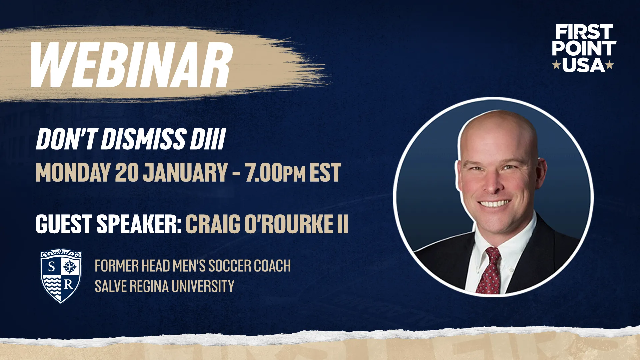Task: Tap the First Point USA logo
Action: [x=583, y=48]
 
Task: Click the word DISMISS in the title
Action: [x=143, y=139]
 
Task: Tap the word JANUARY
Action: [x=185, y=172]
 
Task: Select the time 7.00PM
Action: [x=275, y=172]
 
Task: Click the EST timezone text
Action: [x=325, y=172]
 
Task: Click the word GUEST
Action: [x=64, y=224]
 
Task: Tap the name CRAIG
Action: [x=213, y=224]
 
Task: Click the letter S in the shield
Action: [x=52, y=266]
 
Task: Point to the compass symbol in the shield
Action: [x=70, y=266]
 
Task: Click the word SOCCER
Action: [x=230, y=266]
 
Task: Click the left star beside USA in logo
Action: [x=556, y=65]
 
